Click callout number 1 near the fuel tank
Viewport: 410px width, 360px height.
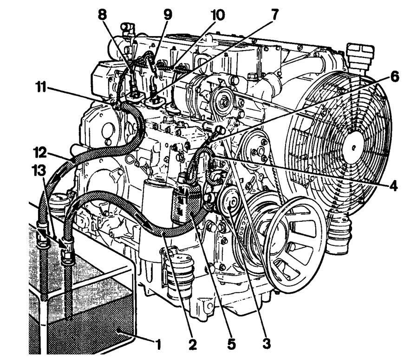158,345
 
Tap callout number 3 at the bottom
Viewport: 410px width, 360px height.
266,344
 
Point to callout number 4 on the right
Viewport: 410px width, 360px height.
393,186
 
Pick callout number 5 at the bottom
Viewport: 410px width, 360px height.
231,344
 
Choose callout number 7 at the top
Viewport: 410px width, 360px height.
274,15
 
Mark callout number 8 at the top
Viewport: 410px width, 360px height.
102,15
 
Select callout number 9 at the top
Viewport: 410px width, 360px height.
168,15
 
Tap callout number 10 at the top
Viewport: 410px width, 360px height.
218,15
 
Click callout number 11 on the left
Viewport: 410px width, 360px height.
41,87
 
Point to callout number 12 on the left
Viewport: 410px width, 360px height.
40,153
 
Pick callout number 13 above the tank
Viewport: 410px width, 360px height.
39,171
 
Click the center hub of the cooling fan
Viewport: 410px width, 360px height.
353,148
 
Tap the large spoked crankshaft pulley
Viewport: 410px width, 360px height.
295,244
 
